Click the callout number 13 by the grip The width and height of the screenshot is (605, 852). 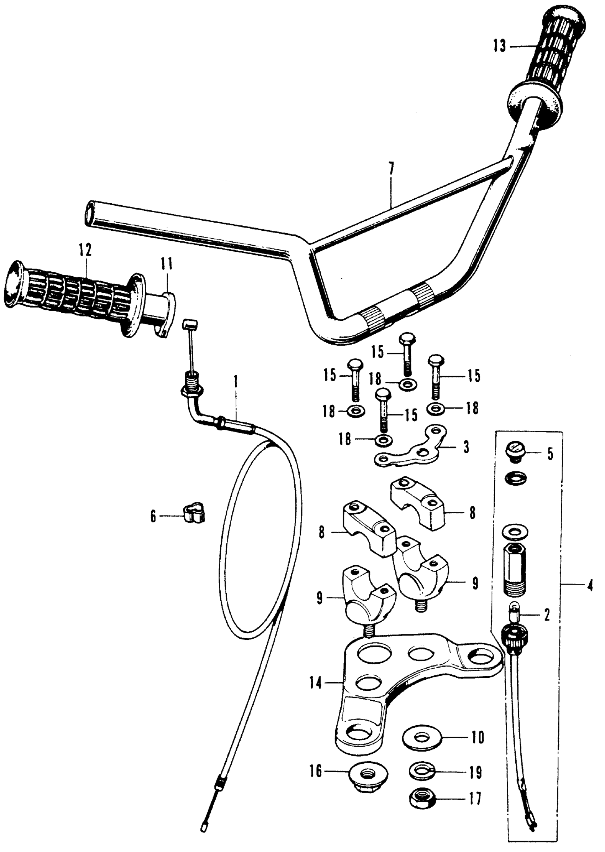pos(500,47)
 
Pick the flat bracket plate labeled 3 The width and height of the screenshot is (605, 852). pos(410,450)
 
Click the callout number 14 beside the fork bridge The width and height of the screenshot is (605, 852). pos(316,683)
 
